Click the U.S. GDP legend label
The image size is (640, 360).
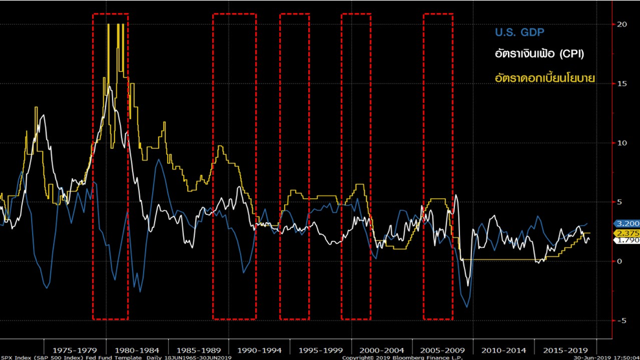pyautogui.click(x=519, y=32)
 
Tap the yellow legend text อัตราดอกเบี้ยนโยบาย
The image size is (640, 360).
pyautogui.click(x=544, y=78)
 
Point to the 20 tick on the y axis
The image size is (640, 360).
pyautogui.click(x=623, y=24)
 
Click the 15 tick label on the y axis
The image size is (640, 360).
pyautogui.click(x=623, y=84)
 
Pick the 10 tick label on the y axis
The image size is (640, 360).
pyautogui.click(x=623, y=142)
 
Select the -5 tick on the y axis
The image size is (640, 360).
pyautogui.click(x=621, y=321)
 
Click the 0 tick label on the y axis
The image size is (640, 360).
pyautogui.click(x=619, y=261)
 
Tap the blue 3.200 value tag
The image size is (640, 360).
pyautogui.click(x=626, y=223)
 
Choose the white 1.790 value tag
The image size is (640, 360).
pyautogui.click(x=626, y=240)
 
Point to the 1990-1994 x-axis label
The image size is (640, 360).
pyautogui.click(x=259, y=350)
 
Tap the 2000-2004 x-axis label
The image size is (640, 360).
pyautogui.click(x=382, y=350)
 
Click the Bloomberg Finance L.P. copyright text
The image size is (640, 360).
pyautogui.click(x=393, y=357)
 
